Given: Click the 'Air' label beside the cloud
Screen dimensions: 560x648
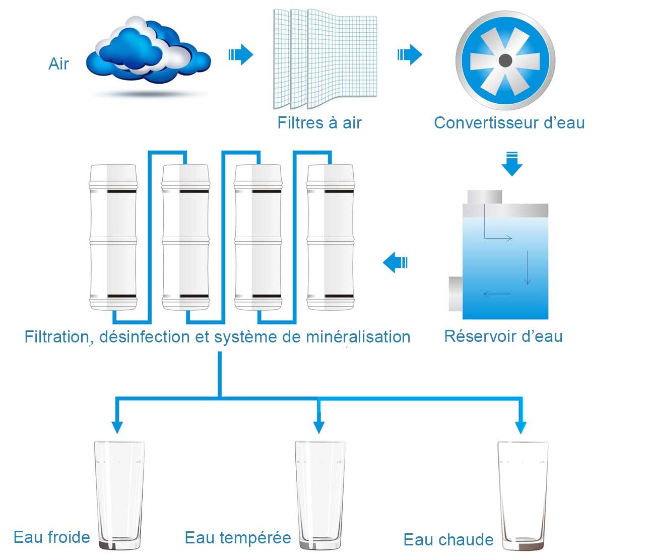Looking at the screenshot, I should pos(58,64).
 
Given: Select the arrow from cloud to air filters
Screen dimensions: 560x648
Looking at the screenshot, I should pos(241,54).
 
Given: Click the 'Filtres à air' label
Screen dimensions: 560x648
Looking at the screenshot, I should pos(319,123).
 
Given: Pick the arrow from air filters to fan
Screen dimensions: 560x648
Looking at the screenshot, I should pos(410,54).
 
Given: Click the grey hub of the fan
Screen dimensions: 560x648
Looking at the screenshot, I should pos(505,61).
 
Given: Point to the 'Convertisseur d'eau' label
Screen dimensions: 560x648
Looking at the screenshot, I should pos(509,123).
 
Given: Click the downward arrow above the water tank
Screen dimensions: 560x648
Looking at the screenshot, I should pos(512,164).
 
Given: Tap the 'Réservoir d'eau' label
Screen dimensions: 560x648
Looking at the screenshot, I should pos(503,336).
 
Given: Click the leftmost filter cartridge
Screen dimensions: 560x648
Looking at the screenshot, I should pos(113,237).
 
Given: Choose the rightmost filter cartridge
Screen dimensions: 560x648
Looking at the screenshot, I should pos(331,237).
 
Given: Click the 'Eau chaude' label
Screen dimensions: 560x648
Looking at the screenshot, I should pos(448,540).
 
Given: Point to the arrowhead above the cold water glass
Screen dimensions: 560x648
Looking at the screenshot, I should pos(117,427).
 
